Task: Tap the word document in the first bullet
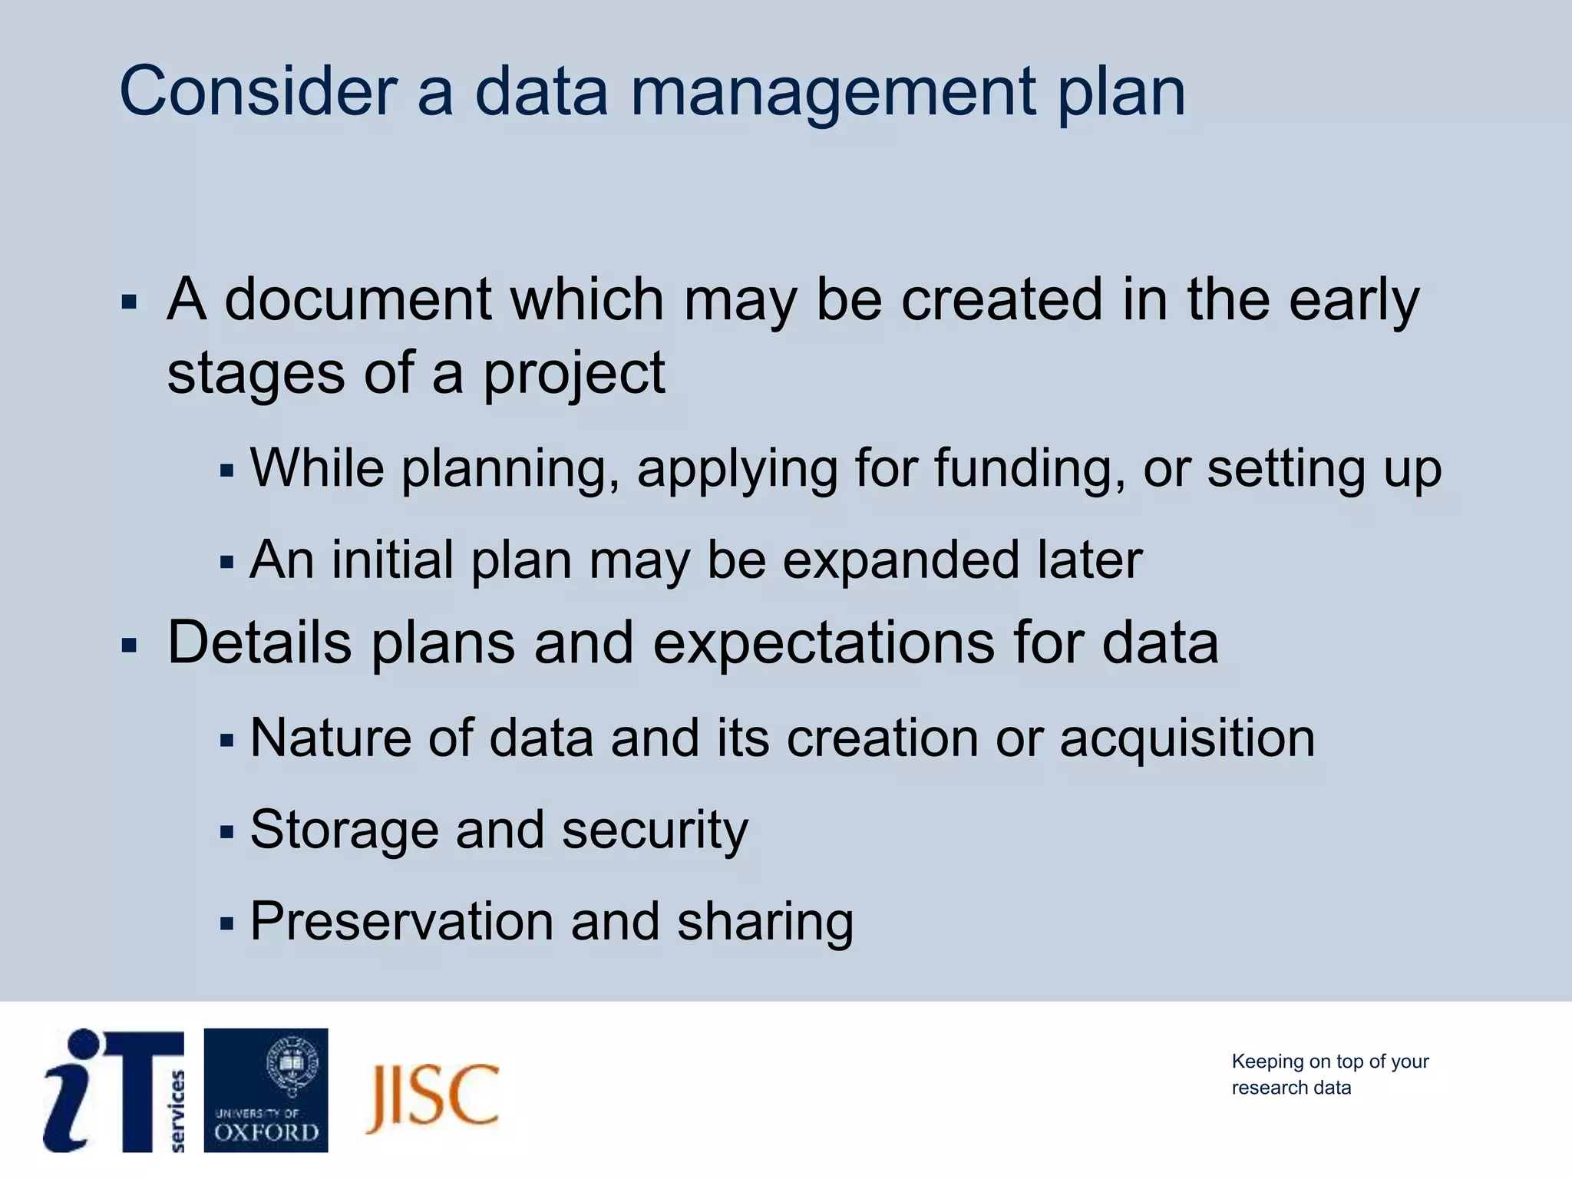(x=358, y=299)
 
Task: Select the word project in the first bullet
(x=573, y=375)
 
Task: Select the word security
(x=655, y=831)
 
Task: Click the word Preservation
(x=401, y=921)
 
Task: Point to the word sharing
(x=765, y=921)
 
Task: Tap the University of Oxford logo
(x=266, y=1090)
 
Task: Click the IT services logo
(x=114, y=1090)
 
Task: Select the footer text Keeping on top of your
(x=1329, y=1062)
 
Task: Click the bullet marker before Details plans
(x=129, y=646)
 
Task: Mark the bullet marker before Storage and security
(x=226, y=832)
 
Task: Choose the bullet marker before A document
(x=129, y=302)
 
